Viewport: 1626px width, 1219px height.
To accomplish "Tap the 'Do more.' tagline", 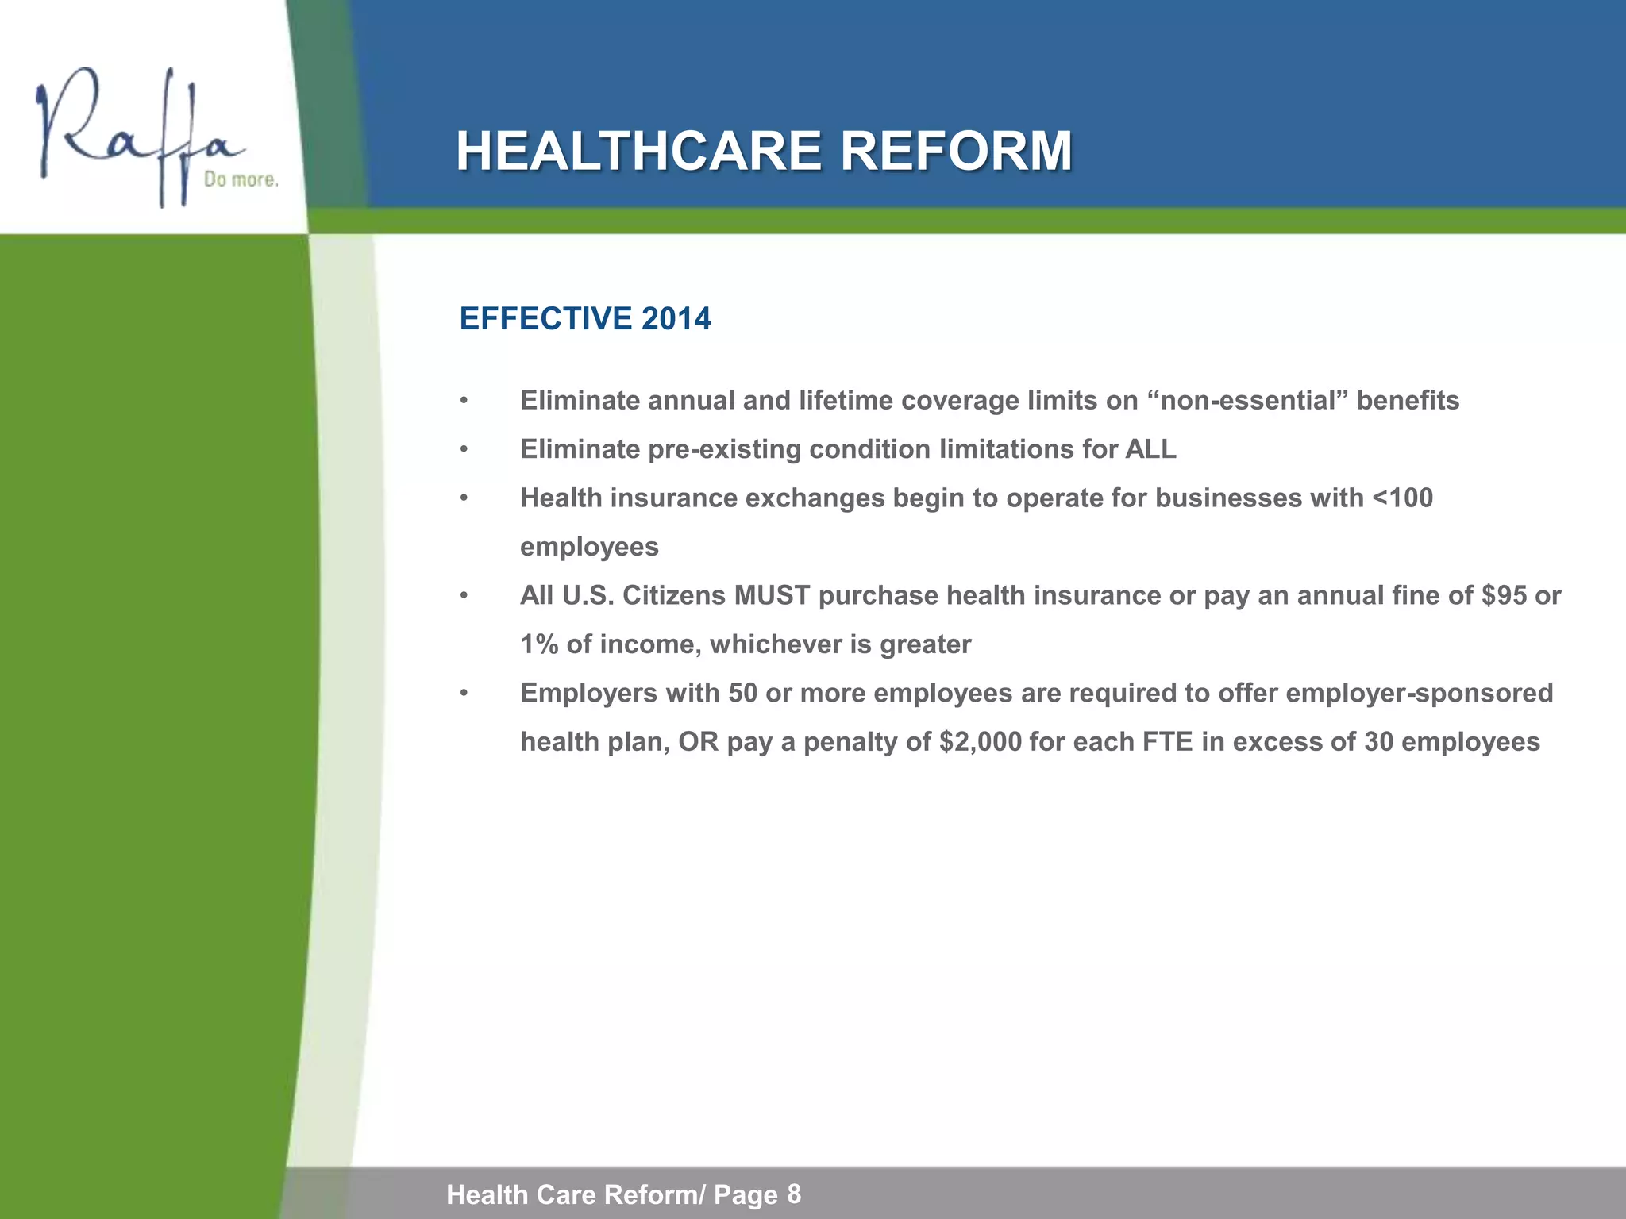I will [x=241, y=180].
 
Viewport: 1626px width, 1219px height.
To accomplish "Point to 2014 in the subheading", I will [x=676, y=319].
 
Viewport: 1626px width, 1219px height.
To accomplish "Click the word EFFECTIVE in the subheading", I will [x=545, y=319].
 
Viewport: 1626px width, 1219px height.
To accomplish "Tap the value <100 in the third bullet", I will [x=1403, y=498].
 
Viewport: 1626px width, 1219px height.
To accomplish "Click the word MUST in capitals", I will [x=772, y=596].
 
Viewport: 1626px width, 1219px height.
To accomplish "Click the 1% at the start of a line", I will [x=539, y=644].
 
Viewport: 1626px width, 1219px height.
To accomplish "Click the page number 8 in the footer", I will [x=794, y=1194].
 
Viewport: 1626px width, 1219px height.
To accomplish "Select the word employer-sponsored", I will [x=1419, y=694].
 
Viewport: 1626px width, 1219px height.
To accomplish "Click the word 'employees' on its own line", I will [x=589, y=548].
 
